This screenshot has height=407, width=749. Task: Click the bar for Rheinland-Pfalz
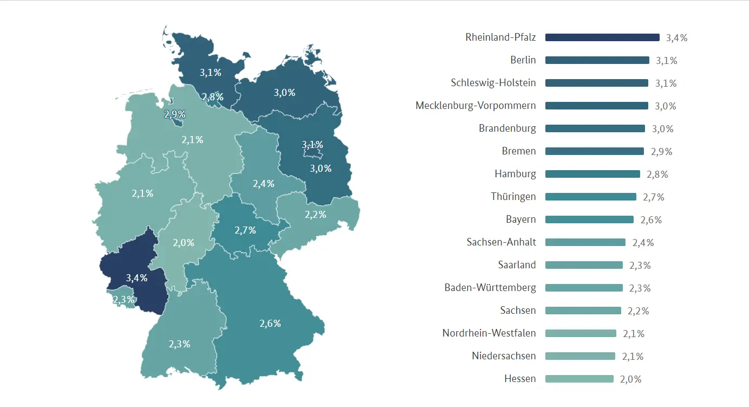coord(602,37)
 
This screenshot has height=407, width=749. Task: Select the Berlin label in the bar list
coord(523,60)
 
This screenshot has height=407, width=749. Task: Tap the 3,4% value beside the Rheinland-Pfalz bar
coord(676,38)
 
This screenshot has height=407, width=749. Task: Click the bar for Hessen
coord(579,379)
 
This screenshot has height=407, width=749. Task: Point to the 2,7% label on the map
coord(245,230)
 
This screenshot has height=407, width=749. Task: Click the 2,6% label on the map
coord(270,324)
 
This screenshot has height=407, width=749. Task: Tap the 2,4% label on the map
coord(263,184)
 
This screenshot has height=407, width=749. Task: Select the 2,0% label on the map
coord(183,243)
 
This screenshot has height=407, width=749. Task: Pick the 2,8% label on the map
coord(212,97)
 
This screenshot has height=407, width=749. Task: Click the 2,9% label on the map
coord(175,114)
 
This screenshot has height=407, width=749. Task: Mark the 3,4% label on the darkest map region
coord(136,278)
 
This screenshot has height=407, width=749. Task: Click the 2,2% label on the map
coord(315,215)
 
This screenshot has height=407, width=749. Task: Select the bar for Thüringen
coord(590,197)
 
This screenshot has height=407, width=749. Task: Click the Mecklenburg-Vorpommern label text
coord(476,106)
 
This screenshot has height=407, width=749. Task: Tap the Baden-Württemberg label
coord(490,288)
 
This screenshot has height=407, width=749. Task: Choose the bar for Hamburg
coord(592,174)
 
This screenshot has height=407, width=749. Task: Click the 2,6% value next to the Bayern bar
coord(650,220)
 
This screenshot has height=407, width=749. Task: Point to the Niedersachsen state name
coord(504,356)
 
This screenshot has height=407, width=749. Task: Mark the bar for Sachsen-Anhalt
coord(585,242)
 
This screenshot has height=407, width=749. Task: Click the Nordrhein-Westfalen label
coord(489,333)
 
